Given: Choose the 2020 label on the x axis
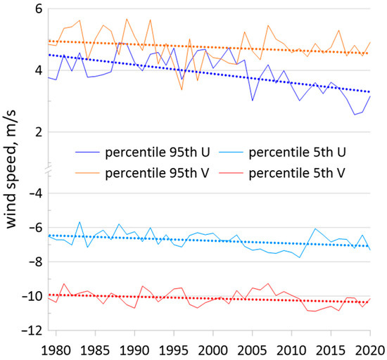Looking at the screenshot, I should [368, 349].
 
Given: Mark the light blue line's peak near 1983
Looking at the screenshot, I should [80, 221].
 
